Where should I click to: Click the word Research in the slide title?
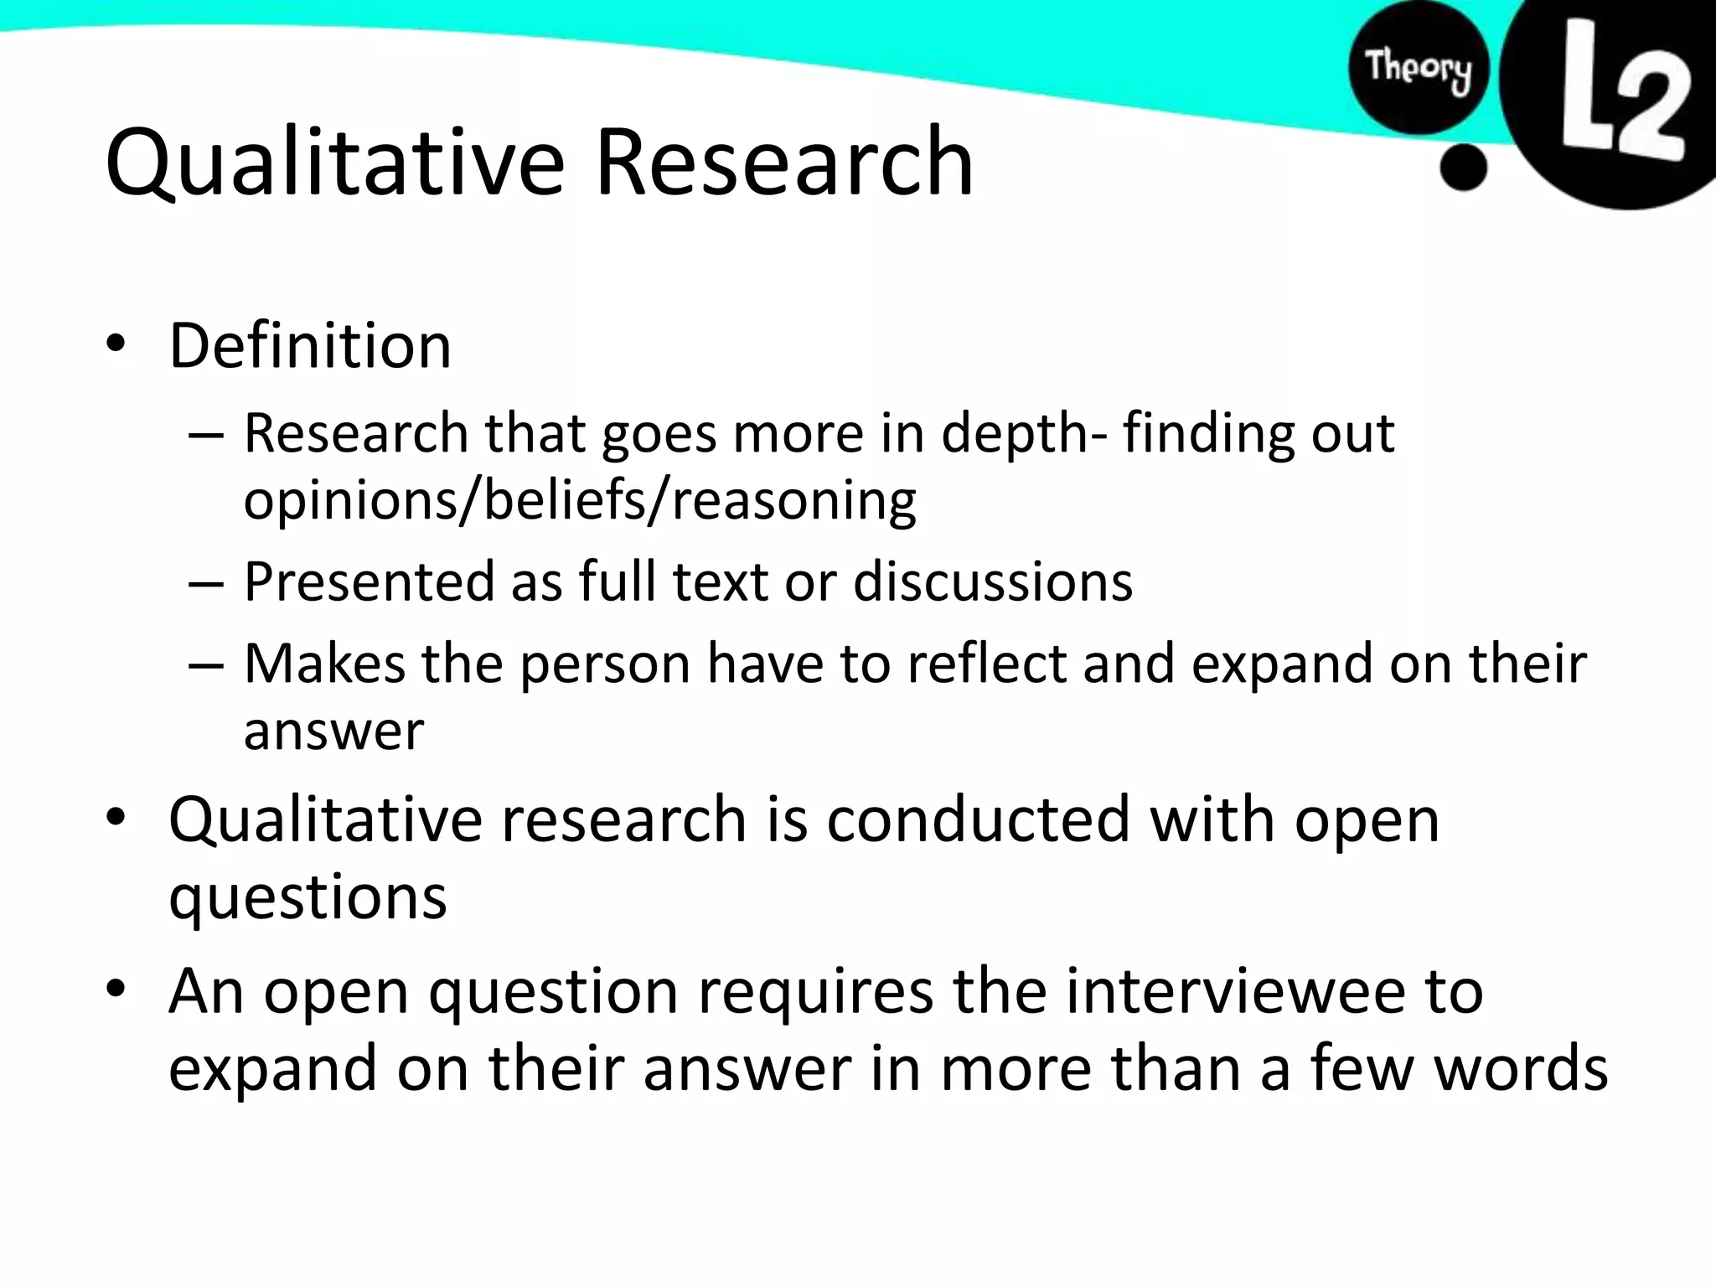click(x=784, y=161)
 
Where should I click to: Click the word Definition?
click(x=310, y=345)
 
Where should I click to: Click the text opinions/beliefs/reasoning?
click(x=580, y=500)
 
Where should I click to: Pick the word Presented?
click(x=369, y=581)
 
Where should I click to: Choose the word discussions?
click(x=992, y=581)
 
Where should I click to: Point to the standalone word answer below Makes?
click(x=333, y=731)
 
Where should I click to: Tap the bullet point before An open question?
click(x=116, y=990)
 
